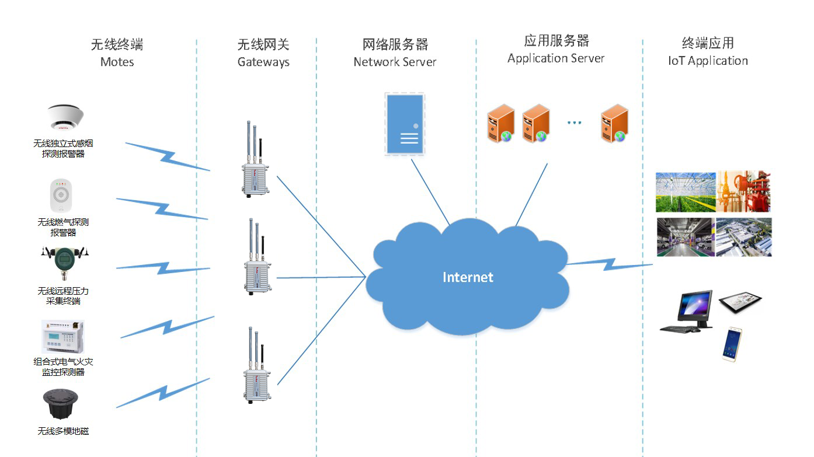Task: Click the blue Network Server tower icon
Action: [x=404, y=124]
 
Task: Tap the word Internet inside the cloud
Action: [x=468, y=277]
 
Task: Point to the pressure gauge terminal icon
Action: [x=64, y=263]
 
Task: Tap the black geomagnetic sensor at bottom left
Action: [x=61, y=404]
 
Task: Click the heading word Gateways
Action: [x=263, y=62]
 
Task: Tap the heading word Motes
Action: [x=117, y=62]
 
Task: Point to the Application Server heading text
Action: [x=556, y=58]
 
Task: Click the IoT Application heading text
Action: [x=708, y=61]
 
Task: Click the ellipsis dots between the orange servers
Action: [x=575, y=123]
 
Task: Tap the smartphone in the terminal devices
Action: [x=732, y=344]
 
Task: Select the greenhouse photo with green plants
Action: [x=685, y=192]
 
